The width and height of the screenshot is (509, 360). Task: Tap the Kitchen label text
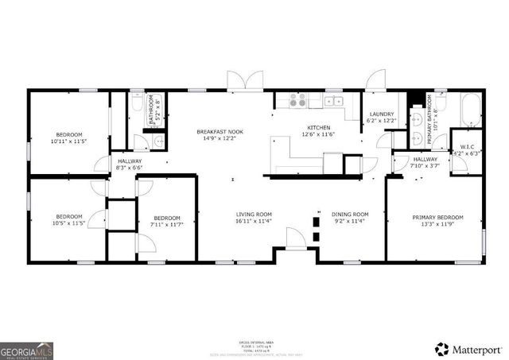(319, 127)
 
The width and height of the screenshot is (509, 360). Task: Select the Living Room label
(254, 214)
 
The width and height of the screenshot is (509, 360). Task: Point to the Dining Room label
(350, 214)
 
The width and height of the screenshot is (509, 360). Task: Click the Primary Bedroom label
(437, 218)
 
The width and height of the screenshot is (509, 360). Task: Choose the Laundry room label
(382, 114)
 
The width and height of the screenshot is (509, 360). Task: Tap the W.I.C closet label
(464, 146)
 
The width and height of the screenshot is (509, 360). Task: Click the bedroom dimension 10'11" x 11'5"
(68, 141)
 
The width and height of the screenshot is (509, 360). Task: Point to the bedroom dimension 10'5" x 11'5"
(68, 223)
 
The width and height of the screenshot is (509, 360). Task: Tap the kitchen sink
(333, 101)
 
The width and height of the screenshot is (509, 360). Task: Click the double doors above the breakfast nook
(244, 81)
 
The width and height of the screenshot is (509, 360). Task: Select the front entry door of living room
(295, 238)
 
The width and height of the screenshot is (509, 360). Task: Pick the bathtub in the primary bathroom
(471, 110)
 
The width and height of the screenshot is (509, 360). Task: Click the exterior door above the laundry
(375, 80)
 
